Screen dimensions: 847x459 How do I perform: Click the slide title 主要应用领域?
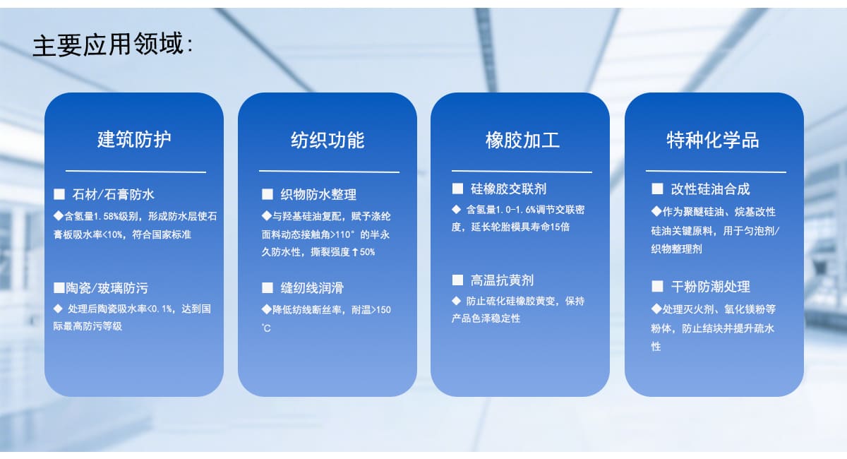coord(108,44)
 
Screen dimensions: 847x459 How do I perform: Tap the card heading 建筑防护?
coord(134,140)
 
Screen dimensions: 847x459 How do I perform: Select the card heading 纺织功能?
coord(328,140)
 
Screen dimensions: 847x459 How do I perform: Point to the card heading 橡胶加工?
coord(522,140)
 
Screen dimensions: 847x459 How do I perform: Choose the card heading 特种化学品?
coord(713,140)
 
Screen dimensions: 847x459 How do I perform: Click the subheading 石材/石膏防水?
coord(113,194)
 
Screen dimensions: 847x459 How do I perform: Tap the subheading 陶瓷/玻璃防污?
coord(107,288)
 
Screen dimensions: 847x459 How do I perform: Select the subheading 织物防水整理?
coord(318,194)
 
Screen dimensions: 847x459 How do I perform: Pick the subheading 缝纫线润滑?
coord(312,288)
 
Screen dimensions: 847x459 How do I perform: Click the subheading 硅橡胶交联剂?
coord(508,189)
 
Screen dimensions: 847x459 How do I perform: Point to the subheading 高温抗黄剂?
coord(502,280)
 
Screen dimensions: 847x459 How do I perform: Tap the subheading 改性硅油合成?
coord(710,189)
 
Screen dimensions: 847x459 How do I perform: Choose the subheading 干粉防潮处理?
coord(710,287)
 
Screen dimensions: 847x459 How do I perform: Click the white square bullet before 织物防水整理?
coord(268,194)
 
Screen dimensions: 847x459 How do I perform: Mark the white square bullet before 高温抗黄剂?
coord(457,280)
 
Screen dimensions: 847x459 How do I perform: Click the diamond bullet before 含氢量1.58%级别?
coord(58,215)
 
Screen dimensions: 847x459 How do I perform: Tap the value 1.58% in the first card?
coord(107,217)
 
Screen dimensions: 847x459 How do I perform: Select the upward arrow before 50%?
coord(354,252)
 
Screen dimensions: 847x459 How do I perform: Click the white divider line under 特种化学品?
coord(716,172)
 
